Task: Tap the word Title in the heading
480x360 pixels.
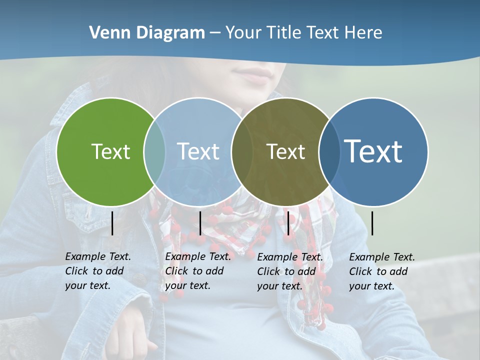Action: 283,33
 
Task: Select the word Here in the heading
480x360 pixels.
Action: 363,33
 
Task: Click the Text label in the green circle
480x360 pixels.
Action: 110,151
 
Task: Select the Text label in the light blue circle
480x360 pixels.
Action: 198,151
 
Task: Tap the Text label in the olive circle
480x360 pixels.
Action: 285,151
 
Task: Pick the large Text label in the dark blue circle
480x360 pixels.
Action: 373,151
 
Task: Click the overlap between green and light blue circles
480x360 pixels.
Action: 154,152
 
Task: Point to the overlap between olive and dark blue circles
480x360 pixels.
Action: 329,152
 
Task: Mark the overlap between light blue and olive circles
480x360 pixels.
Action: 241,152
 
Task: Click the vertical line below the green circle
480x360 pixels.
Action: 112,223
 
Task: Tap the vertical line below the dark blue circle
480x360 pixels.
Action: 372,223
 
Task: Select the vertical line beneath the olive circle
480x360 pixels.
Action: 288,223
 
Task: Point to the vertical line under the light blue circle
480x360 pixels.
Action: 200,223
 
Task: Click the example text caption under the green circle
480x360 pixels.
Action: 98,271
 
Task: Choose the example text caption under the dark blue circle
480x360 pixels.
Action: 381,271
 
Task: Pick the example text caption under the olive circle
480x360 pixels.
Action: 290,271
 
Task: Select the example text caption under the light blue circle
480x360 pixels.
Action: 198,271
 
